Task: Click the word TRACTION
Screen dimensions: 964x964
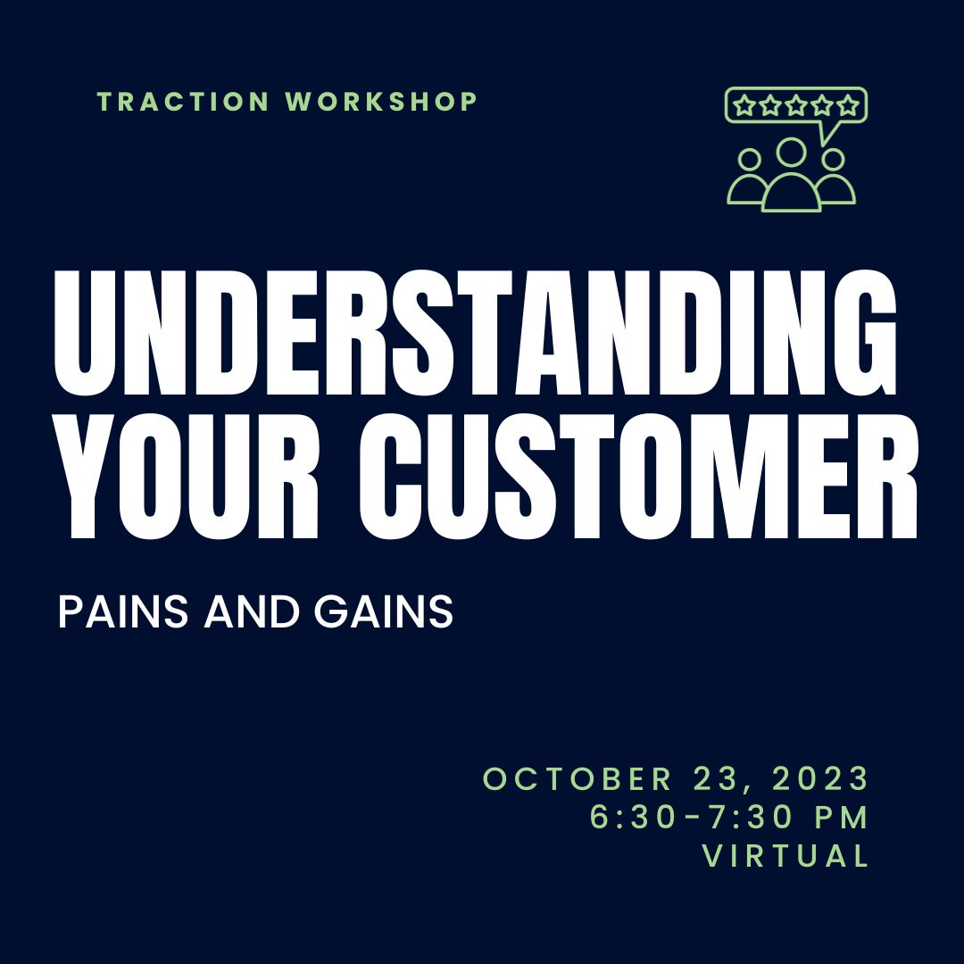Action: tap(183, 102)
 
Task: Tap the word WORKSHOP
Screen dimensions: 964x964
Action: tap(382, 102)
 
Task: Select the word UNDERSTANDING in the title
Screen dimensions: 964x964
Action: tap(475, 333)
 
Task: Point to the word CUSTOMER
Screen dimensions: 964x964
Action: tap(638, 477)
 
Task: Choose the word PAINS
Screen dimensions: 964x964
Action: tap(123, 611)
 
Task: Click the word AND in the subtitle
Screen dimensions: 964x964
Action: tap(252, 611)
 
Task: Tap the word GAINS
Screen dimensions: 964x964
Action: tap(384, 611)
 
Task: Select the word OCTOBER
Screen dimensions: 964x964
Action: tap(578, 778)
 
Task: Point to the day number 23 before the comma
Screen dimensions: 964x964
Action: tap(714, 778)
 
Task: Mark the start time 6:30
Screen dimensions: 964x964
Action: tap(633, 817)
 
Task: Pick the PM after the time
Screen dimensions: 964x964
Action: tap(842, 817)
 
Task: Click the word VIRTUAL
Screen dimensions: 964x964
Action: tap(785, 855)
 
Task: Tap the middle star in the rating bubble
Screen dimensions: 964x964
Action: tap(796, 105)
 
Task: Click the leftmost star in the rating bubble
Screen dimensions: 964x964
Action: tap(744, 105)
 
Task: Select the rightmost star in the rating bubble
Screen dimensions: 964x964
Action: tap(848, 105)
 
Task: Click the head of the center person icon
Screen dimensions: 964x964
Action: tap(791, 152)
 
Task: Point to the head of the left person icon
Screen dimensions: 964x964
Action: tap(750, 160)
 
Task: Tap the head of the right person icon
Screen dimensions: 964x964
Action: tap(833, 160)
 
